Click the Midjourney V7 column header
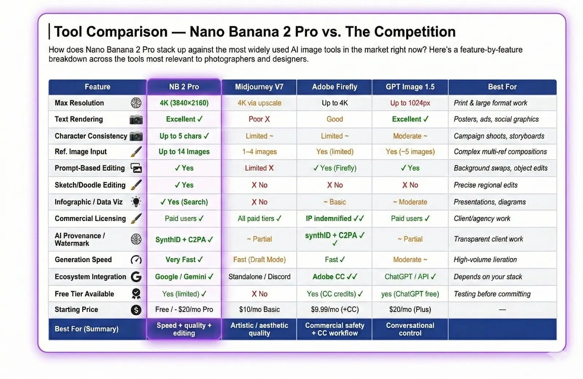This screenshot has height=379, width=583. [x=259, y=87]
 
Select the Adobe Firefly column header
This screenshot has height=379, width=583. [x=334, y=87]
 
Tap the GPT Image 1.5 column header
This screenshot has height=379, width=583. [x=410, y=87]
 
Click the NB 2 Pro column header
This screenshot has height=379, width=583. [x=184, y=87]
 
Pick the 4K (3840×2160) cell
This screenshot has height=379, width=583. [x=184, y=103]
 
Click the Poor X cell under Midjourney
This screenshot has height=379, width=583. [x=259, y=119]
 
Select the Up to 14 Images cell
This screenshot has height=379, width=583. [x=184, y=152]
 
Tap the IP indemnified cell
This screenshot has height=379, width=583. [x=334, y=218]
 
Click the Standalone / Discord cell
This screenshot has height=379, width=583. [x=259, y=277]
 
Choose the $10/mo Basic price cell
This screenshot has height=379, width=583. [x=259, y=309]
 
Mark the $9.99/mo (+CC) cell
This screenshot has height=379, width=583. [x=334, y=309]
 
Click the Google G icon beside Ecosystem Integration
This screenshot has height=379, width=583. [x=136, y=277]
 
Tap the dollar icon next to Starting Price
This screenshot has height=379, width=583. [x=136, y=310]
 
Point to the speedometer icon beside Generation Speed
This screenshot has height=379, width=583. [x=136, y=260]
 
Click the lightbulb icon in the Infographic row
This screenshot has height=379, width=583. [x=136, y=202]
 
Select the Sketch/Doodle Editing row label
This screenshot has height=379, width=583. [x=90, y=185]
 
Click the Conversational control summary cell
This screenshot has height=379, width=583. [x=410, y=329]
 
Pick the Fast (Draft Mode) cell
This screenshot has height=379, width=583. [x=259, y=259]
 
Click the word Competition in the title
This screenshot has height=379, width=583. [x=415, y=32]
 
